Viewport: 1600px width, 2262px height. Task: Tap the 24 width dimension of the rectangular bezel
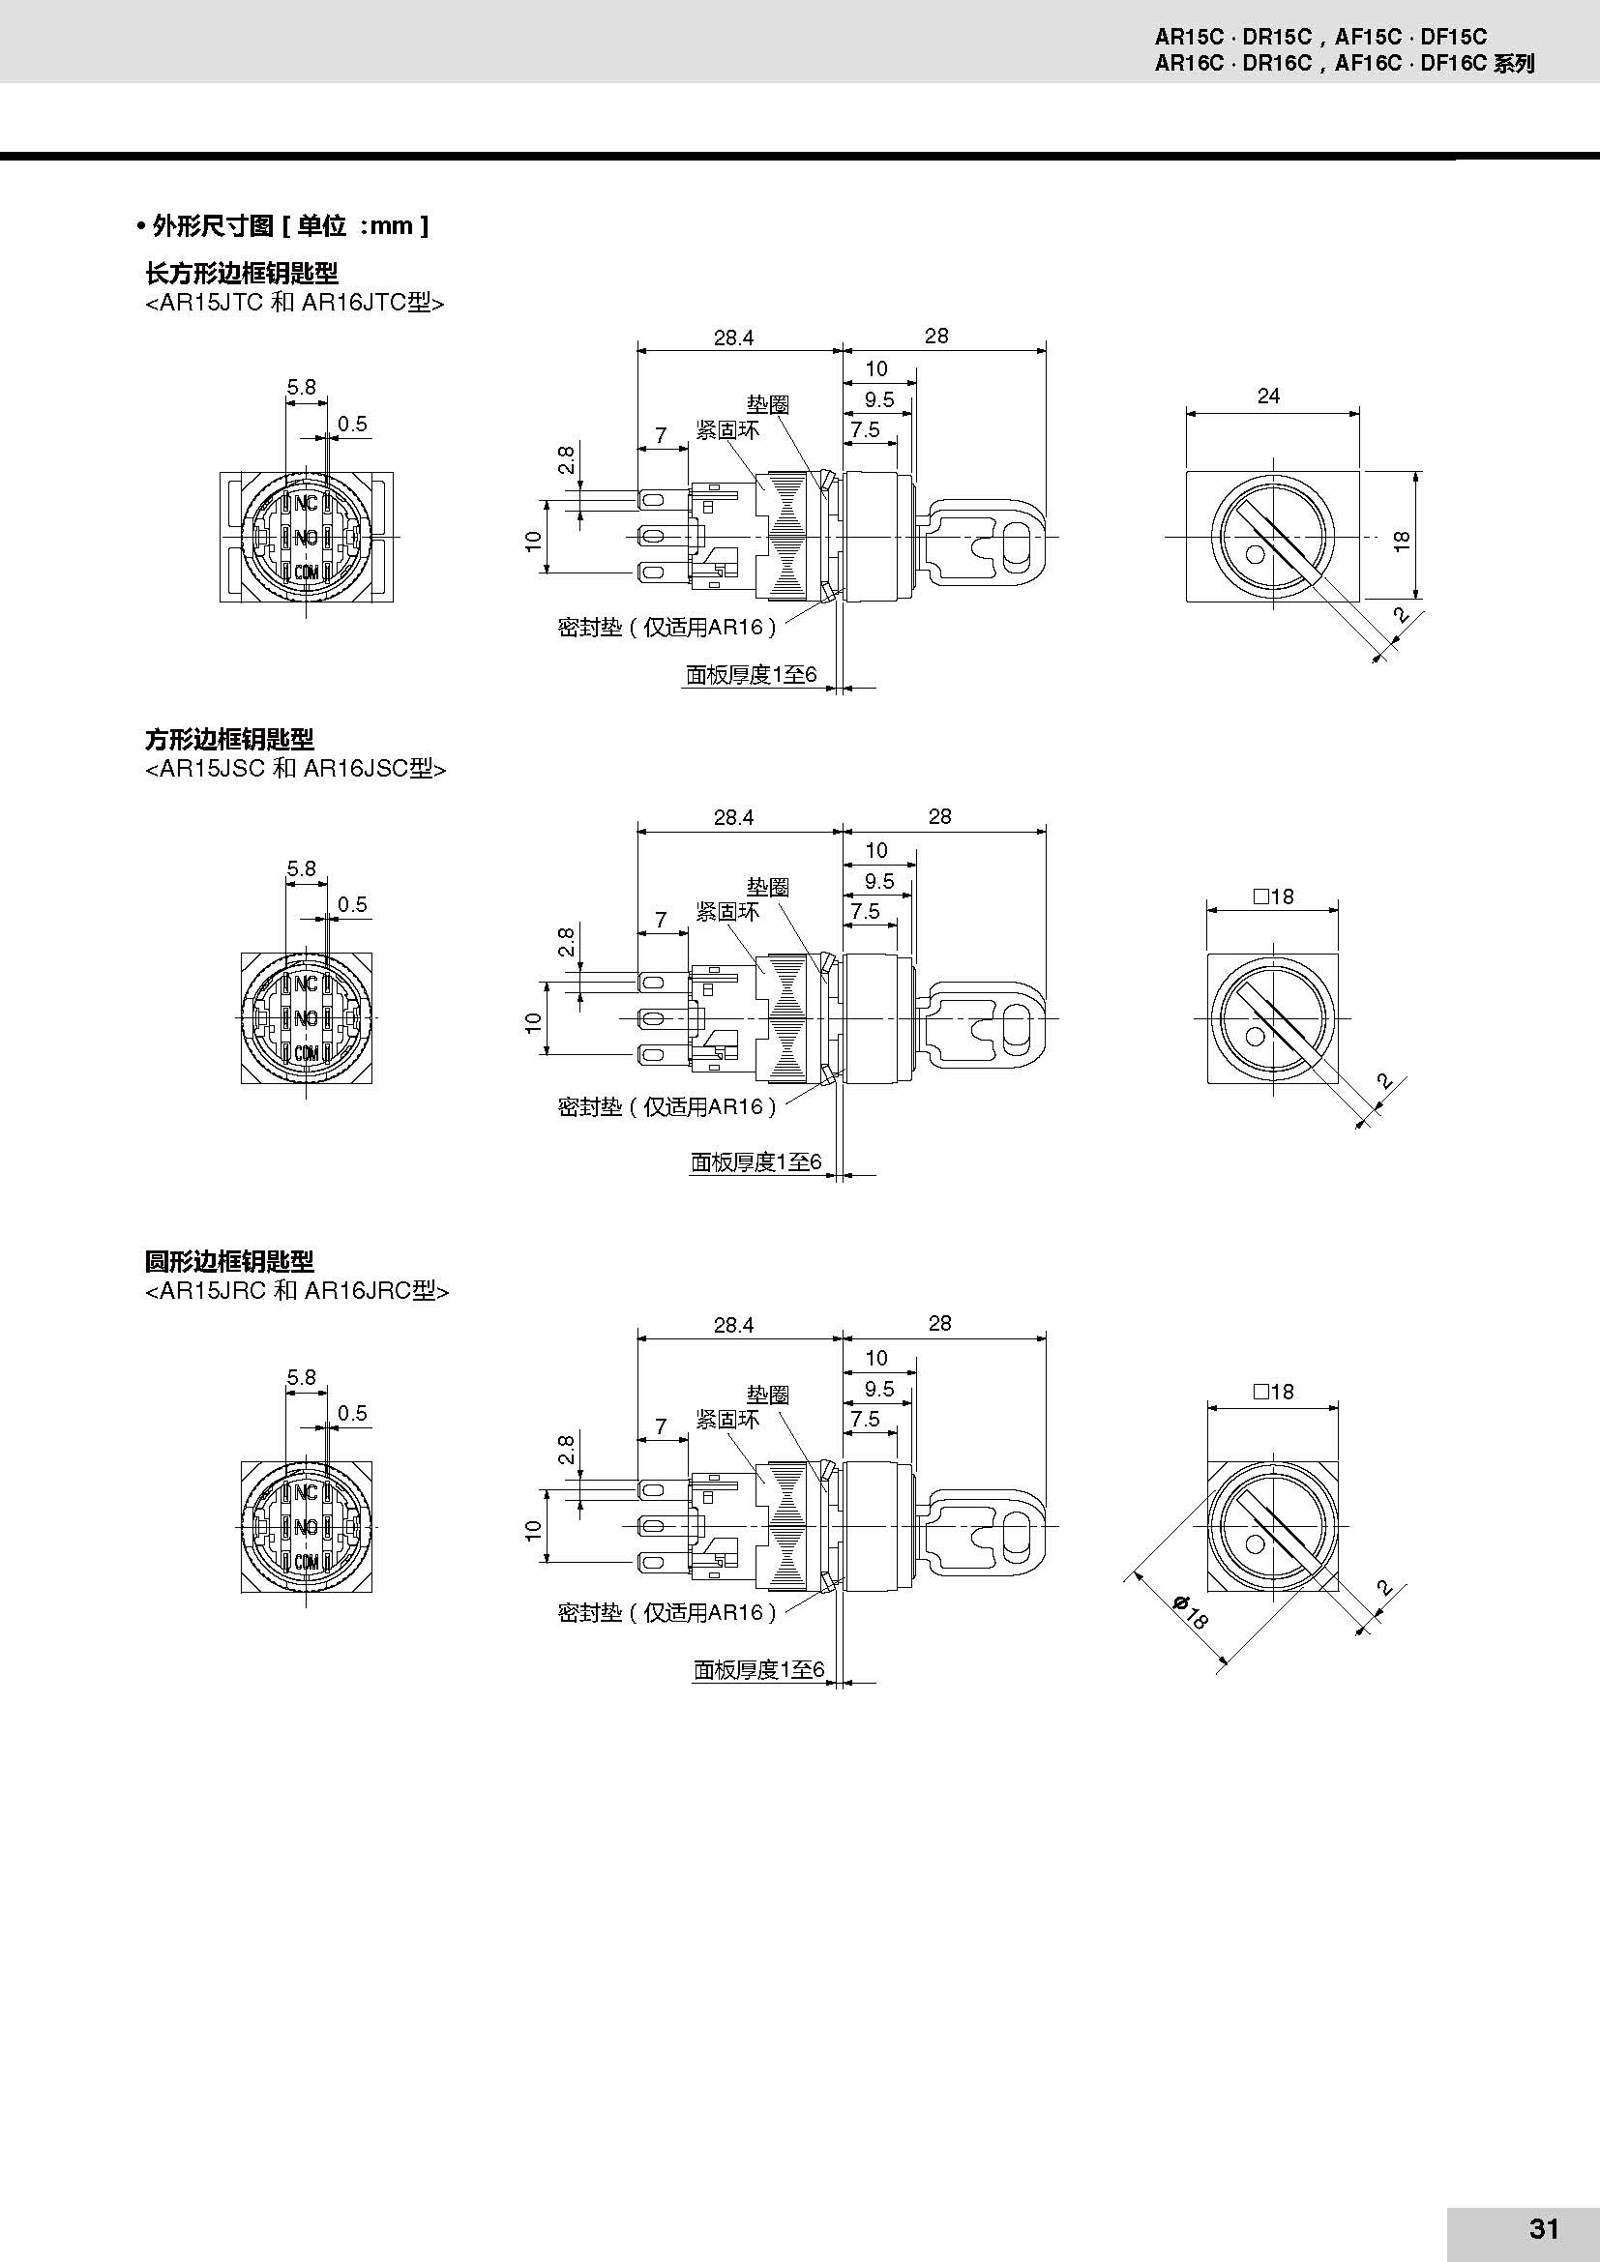pos(1268,397)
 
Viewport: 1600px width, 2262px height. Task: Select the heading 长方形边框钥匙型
pos(242,273)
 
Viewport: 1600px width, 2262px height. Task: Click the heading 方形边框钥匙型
pos(229,739)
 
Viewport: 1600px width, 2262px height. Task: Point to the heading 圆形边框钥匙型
pos(229,1261)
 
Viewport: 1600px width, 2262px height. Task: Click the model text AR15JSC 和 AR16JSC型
pos(296,769)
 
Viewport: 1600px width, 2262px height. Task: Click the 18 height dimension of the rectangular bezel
pos(1403,540)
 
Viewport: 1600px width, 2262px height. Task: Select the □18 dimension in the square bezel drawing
pos(1273,896)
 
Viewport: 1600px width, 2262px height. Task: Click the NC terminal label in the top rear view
pos(306,503)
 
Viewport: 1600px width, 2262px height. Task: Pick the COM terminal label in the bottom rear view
pos(307,1562)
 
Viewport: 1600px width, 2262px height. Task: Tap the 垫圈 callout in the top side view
pos(767,404)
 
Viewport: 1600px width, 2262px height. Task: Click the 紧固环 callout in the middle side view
pos(727,911)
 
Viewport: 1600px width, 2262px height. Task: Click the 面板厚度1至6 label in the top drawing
pos(752,675)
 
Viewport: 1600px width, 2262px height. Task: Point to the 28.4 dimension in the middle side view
pos(733,817)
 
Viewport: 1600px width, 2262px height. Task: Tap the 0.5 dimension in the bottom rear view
pos(352,1413)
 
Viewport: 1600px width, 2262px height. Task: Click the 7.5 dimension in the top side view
pos(865,429)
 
